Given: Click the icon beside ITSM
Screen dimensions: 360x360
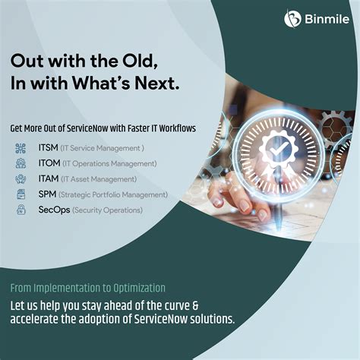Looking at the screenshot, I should tap(21, 148).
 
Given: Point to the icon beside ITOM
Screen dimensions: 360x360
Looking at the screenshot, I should tap(21, 163).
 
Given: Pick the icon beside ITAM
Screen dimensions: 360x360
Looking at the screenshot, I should tap(21, 178).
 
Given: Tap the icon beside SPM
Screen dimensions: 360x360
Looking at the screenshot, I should tap(21, 194).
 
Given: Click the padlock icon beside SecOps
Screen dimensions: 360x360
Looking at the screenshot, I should tap(21, 209).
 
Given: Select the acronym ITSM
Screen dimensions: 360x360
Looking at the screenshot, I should tap(47, 148).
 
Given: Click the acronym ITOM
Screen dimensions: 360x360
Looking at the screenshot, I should tap(48, 163).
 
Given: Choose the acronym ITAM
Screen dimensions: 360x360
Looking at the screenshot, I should tap(48, 178).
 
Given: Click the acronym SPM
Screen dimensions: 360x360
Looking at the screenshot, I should tap(46, 194).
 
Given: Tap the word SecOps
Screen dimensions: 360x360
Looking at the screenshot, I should tap(52, 209).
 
